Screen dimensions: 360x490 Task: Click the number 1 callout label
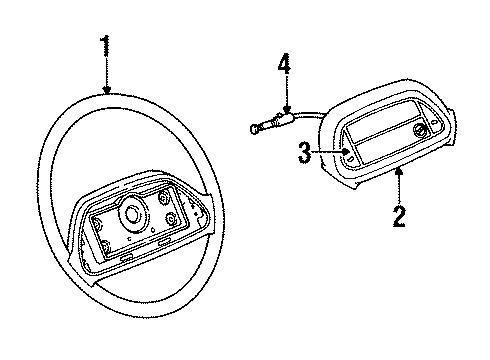(107, 46)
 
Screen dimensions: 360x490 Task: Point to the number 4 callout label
(283, 67)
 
